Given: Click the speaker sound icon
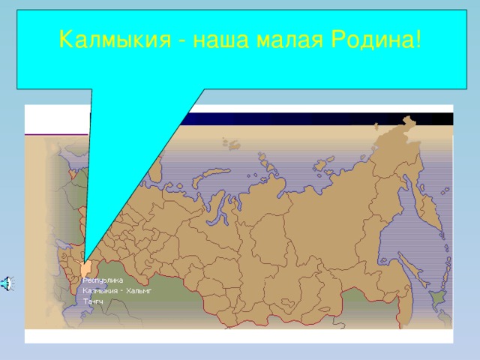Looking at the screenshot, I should click(6, 283).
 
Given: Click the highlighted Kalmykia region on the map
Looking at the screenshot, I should click(86, 268).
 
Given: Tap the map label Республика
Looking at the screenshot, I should click(103, 280).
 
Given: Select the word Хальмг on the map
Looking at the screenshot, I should click(139, 290).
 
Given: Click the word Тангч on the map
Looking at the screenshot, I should click(93, 301).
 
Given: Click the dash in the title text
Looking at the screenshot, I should click(182, 39).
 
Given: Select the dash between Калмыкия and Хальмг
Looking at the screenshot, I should click(121, 290).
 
